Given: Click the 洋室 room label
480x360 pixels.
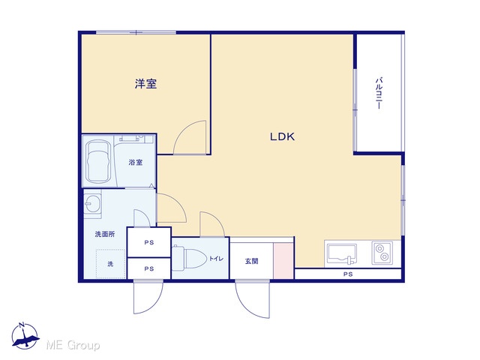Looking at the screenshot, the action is click(x=145, y=83).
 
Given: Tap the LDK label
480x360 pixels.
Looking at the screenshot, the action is click(x=282, y=136).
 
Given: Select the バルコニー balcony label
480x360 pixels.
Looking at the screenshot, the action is click(x=379, y=93).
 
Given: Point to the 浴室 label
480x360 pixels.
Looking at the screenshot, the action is click(x=135, y=162).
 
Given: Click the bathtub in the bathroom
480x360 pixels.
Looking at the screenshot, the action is click(x=98, y=161).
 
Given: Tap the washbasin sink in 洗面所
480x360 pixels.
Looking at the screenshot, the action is click(x=93, y=203).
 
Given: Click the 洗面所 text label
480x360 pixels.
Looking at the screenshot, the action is click(x=105, y=234).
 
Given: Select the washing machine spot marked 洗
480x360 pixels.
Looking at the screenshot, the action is click(x=110, y=263).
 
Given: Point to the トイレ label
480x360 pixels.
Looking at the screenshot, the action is click(x=216, y=259).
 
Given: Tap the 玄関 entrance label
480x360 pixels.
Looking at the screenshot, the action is click(x=251, y=261).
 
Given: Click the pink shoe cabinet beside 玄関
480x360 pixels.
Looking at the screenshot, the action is click(x=283, y=261).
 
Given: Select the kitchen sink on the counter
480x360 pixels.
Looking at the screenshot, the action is click(x=342, y=253).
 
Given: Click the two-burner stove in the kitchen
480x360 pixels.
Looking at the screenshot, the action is click(x=382, y=253).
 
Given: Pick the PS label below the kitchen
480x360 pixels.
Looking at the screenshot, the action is click(x=348, y=274).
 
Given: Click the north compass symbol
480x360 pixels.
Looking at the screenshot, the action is click(x=25, y=336).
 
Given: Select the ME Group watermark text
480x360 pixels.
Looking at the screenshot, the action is click(x=73, y=346).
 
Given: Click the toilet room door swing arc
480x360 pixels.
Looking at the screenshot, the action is click(x=218, y=218).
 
